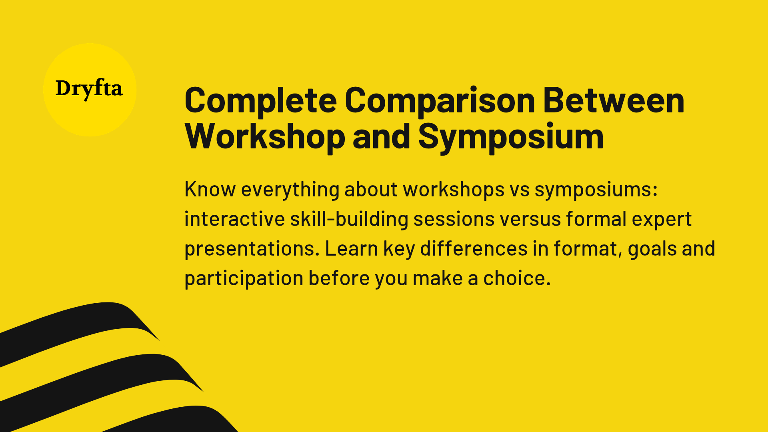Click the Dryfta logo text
click(89, 89)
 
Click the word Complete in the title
click(260, 101)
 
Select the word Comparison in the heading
click(440, 101)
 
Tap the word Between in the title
click(614, 101)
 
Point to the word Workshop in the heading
click(265, 137)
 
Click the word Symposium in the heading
click(511, 137)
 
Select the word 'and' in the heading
click(381, 137)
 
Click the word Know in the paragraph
click(210, 189)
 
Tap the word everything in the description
click(290, 190)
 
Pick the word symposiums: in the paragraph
click(596, 190)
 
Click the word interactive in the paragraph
click(234, 219)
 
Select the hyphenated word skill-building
click(349, 219)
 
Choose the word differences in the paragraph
click(474, 248)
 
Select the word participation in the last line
click(244, 279)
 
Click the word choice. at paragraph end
click(517, 278)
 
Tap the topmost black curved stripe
click(80, 324)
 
